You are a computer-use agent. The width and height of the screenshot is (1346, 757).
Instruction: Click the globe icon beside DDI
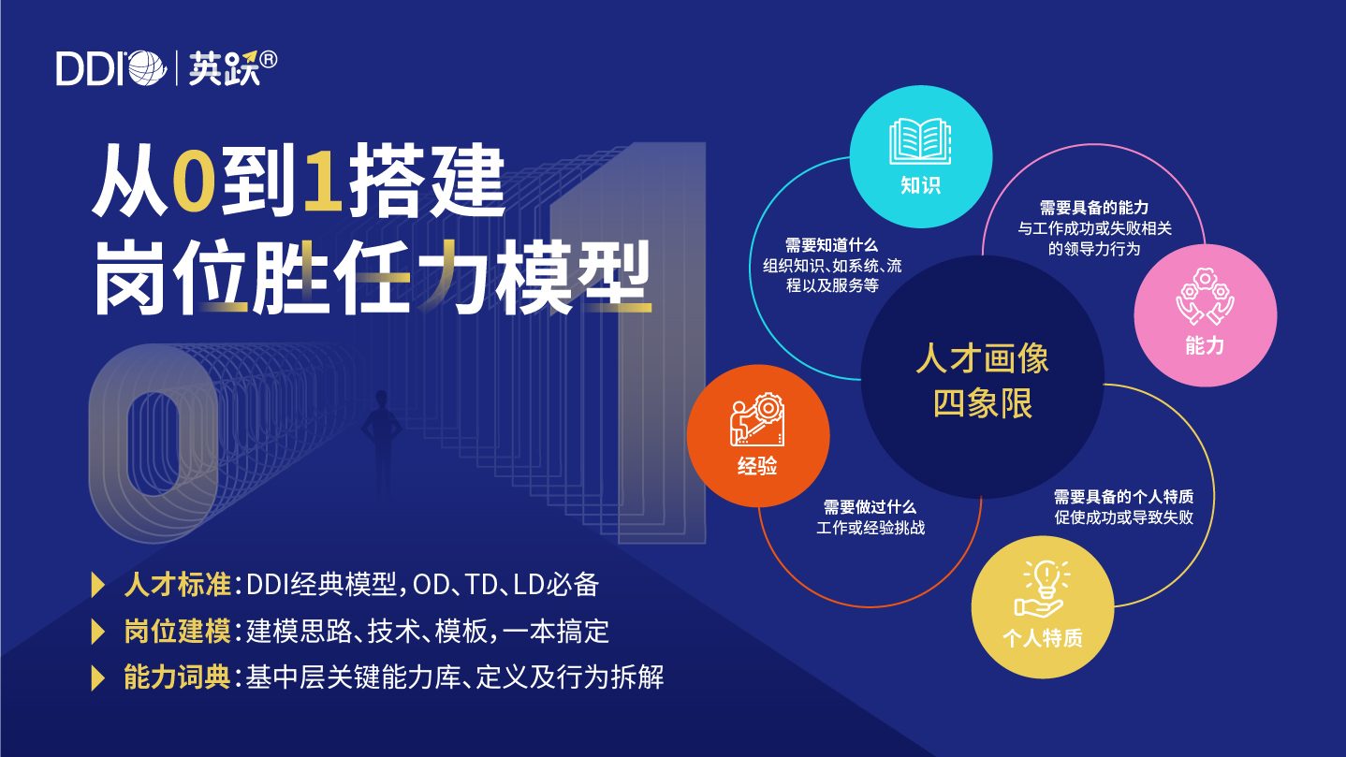[148, 68]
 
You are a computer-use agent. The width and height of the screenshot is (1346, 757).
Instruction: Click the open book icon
[920, 141]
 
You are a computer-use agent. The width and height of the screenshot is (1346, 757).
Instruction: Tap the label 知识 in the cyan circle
[920, 185]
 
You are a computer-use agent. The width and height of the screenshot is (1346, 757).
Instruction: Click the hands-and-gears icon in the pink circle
[1205, 298]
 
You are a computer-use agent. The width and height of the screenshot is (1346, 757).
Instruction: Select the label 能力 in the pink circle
[1205, 345]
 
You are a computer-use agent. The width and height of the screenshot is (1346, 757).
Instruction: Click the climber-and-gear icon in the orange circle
[758, 419]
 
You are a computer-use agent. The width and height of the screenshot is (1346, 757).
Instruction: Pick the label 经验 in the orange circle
[758, 466]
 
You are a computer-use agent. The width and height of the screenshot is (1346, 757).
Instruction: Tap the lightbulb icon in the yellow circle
[1043, 589]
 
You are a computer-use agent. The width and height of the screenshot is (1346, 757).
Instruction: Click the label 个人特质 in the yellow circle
[1043, 638]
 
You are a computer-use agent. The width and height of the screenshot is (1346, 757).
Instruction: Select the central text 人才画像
[983, 358]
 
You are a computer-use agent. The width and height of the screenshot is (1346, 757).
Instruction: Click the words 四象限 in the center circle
[983, 403]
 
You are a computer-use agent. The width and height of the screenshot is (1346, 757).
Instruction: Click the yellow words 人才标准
[177, 584]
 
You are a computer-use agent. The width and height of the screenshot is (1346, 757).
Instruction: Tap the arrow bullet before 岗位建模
[97, 632]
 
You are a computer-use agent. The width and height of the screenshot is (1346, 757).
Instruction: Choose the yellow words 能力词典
[177, 677]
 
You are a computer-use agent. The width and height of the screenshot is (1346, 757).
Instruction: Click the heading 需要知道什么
[831, 245]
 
